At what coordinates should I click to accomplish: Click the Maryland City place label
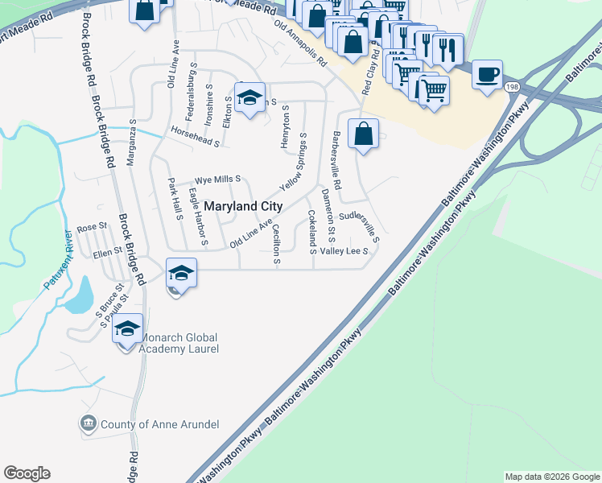[242, 206]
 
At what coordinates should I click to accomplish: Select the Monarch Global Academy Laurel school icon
[127, 328]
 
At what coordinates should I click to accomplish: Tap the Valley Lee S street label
[344, 251]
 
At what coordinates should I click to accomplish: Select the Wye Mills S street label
[218, 180]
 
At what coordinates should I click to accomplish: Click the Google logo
[27, 473]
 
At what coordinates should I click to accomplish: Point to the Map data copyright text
[552, 477]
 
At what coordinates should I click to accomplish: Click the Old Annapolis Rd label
[301, 43]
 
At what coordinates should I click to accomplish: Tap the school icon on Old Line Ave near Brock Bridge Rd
[181, 273]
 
